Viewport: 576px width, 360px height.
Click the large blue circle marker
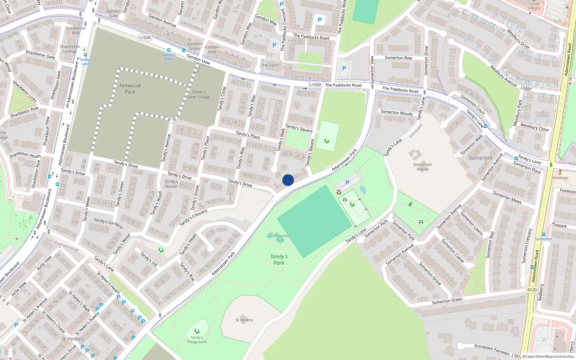(288, 180)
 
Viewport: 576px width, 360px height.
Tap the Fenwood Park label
(130, 89)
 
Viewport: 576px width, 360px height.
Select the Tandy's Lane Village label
(198, 94)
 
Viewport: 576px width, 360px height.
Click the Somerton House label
(423, 167)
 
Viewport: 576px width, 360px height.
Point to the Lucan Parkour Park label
(279, 238)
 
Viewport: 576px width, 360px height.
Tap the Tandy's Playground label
(197, 339)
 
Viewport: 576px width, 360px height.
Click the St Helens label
(244, 320)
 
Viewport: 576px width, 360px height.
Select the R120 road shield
(532, 290)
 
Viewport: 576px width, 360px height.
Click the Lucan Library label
(534, 6)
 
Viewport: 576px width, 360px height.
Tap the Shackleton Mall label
(76, 30)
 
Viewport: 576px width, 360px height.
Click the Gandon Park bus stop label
(168, 57)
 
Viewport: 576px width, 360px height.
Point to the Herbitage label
(560, 177)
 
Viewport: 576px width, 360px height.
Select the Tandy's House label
(171, 184)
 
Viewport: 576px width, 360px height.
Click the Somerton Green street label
(447, 301)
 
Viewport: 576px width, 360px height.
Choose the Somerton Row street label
(398, 58)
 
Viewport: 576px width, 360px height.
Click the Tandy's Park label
(279, 260)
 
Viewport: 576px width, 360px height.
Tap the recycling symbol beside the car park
(339, 192)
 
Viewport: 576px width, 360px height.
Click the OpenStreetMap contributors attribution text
(548, 356)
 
